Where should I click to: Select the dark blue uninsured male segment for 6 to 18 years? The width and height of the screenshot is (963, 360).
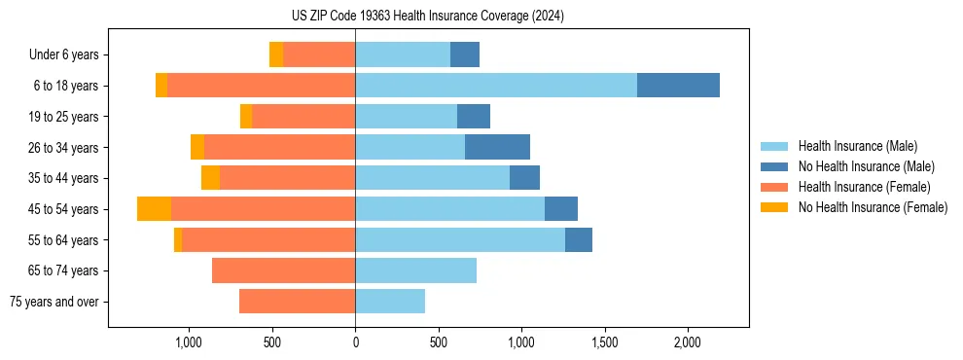[x=678, y=86]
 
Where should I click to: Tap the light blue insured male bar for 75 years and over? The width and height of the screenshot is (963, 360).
[x=390, y=302]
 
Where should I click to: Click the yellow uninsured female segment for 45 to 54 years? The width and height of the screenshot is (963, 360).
[x=154, y=209]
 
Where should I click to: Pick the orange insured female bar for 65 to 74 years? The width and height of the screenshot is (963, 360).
[x=283, y=270]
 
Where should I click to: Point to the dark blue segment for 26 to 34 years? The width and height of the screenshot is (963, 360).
[x=497, y=147]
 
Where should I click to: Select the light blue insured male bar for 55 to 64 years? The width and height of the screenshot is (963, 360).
[x=460, y=240]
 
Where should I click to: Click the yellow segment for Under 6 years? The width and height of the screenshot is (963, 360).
[x=276, y=54]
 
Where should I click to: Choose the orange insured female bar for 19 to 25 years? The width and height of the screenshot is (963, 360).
[x=303, y=117]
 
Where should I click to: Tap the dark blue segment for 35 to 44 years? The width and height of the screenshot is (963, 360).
[x=524, y=178]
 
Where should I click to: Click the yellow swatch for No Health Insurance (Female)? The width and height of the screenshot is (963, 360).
[x=775, y=207]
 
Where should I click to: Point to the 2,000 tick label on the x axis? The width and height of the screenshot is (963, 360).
[x=688, y=342]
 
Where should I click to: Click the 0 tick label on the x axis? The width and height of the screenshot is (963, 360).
[x=355, y=342]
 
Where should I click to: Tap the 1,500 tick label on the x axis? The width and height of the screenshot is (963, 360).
[x=605, y=342]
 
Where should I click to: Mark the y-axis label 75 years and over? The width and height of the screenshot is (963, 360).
[x=53, y=302]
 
